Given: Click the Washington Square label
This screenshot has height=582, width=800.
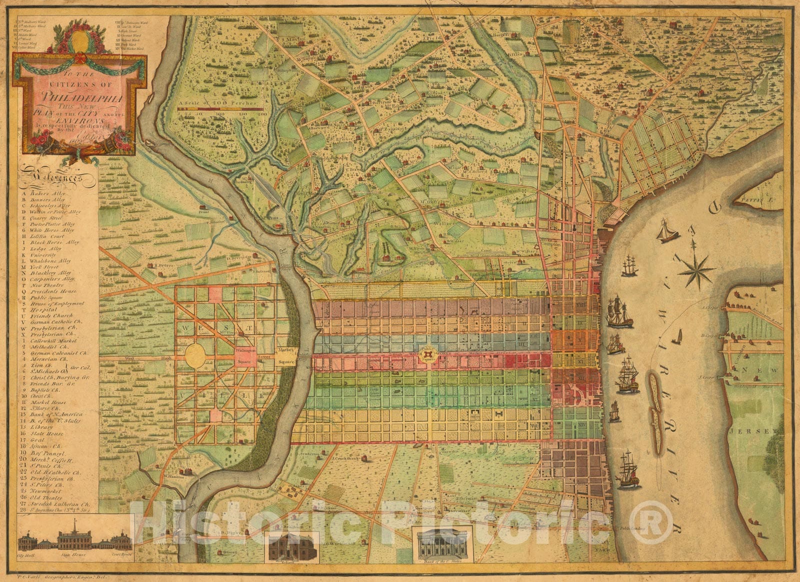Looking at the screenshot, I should (x=244, y=355).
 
